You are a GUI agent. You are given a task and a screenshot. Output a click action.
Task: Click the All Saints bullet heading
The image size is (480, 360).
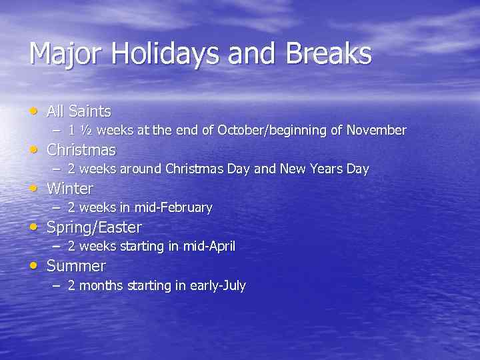coord(79,111)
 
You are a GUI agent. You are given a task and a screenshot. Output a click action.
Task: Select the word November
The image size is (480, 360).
coord(376,130)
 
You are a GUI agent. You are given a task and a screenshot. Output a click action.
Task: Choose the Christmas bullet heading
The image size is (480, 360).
coord(81,150)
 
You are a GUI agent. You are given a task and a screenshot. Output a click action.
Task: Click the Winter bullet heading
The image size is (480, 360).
coord(70,189)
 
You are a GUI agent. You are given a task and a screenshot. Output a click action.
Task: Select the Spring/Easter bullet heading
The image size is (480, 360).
coord(94,227)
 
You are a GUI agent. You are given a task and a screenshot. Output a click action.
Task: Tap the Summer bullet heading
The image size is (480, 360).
coord(76,266)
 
